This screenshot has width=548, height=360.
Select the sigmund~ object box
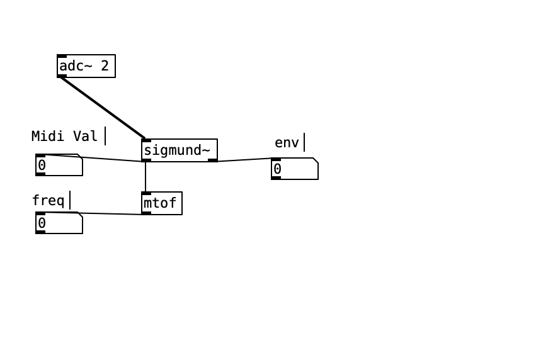tap(180, 150)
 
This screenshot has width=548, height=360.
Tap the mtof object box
tap(162, 203)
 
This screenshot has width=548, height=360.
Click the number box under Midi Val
tap(59, 165)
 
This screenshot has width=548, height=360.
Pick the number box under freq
tap(59, 223)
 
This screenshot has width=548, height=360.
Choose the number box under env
tap(295, 169)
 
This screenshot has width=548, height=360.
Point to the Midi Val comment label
tap(65, 136)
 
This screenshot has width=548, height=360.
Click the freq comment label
tap(48, 200)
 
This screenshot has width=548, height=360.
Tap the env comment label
tap(287, 142)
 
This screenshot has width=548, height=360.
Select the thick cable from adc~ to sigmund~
tap(103, 108)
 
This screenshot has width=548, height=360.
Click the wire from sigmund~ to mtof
tap(146, 177)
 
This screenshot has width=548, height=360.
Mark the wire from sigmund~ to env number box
tap(244, 160)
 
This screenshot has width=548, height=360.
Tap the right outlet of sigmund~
tap(213, 160)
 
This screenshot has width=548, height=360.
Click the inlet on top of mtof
tap(146, 193)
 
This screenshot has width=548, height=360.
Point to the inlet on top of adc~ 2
tap(62, 56)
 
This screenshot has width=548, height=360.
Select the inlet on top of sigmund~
tap(146, 140)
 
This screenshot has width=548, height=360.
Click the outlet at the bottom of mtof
tap(146, 213)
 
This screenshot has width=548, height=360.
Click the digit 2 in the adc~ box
tap(105, 65)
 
